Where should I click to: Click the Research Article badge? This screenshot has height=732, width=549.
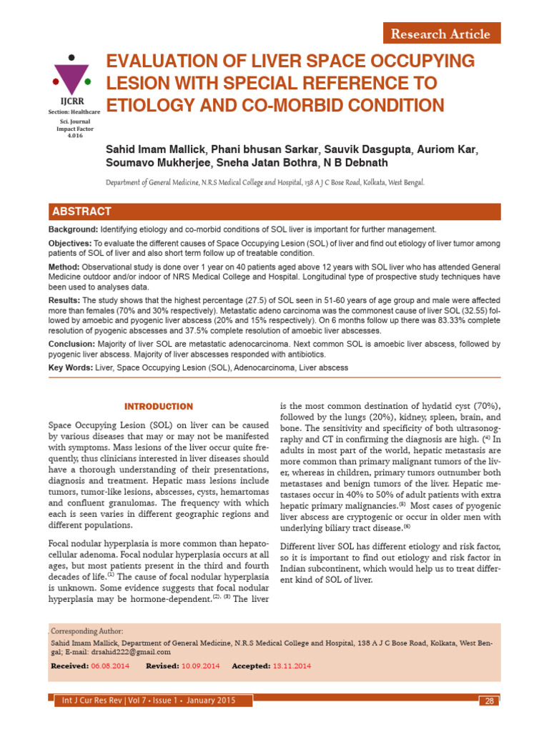pos(440,34)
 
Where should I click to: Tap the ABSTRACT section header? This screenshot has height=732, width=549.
pos(81,211)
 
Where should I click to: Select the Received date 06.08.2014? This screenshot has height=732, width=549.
pos(111,666)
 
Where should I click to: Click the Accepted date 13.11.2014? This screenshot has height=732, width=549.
pos(292,666)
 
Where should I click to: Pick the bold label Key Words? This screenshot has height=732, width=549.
pos(70,367)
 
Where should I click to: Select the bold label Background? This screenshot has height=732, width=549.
pos(73,229)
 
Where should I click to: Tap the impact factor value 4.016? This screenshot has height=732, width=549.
pos(74,134)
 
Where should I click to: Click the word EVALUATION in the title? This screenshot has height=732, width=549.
pos(155,60)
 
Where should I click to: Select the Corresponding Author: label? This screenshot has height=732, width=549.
pos(88,631)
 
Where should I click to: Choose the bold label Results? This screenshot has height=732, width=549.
pos(64,300)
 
